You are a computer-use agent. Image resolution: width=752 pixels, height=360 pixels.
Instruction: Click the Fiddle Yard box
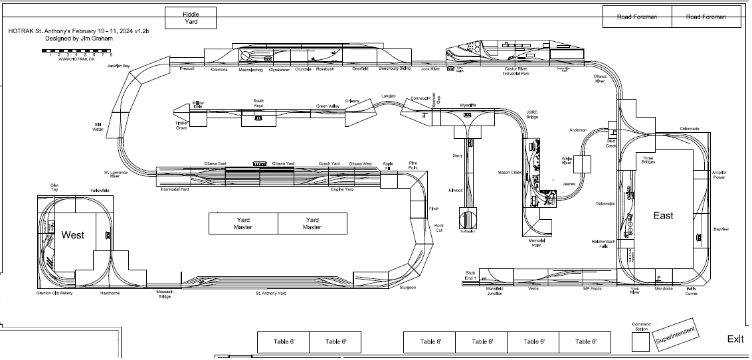191,18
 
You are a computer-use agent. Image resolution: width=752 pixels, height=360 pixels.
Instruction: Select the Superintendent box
677,337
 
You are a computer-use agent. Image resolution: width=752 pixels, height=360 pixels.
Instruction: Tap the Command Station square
641,341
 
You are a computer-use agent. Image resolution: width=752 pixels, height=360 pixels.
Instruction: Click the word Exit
735,339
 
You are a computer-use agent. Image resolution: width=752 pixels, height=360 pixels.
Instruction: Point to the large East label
663,215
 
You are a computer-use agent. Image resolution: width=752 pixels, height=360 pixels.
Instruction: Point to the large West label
72,234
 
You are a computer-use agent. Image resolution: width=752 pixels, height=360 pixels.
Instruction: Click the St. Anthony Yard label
271,293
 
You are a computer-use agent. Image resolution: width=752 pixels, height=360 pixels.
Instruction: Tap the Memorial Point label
536,243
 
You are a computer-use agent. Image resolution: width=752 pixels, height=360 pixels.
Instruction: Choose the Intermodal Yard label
175,189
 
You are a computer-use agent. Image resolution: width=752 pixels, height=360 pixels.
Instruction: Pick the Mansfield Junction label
494,291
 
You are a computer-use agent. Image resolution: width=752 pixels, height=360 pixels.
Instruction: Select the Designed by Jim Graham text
75,39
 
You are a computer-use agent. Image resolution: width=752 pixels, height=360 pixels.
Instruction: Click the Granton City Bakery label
54,293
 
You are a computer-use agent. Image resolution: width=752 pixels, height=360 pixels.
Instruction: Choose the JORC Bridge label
531,114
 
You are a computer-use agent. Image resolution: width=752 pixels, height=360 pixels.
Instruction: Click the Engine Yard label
342,189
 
